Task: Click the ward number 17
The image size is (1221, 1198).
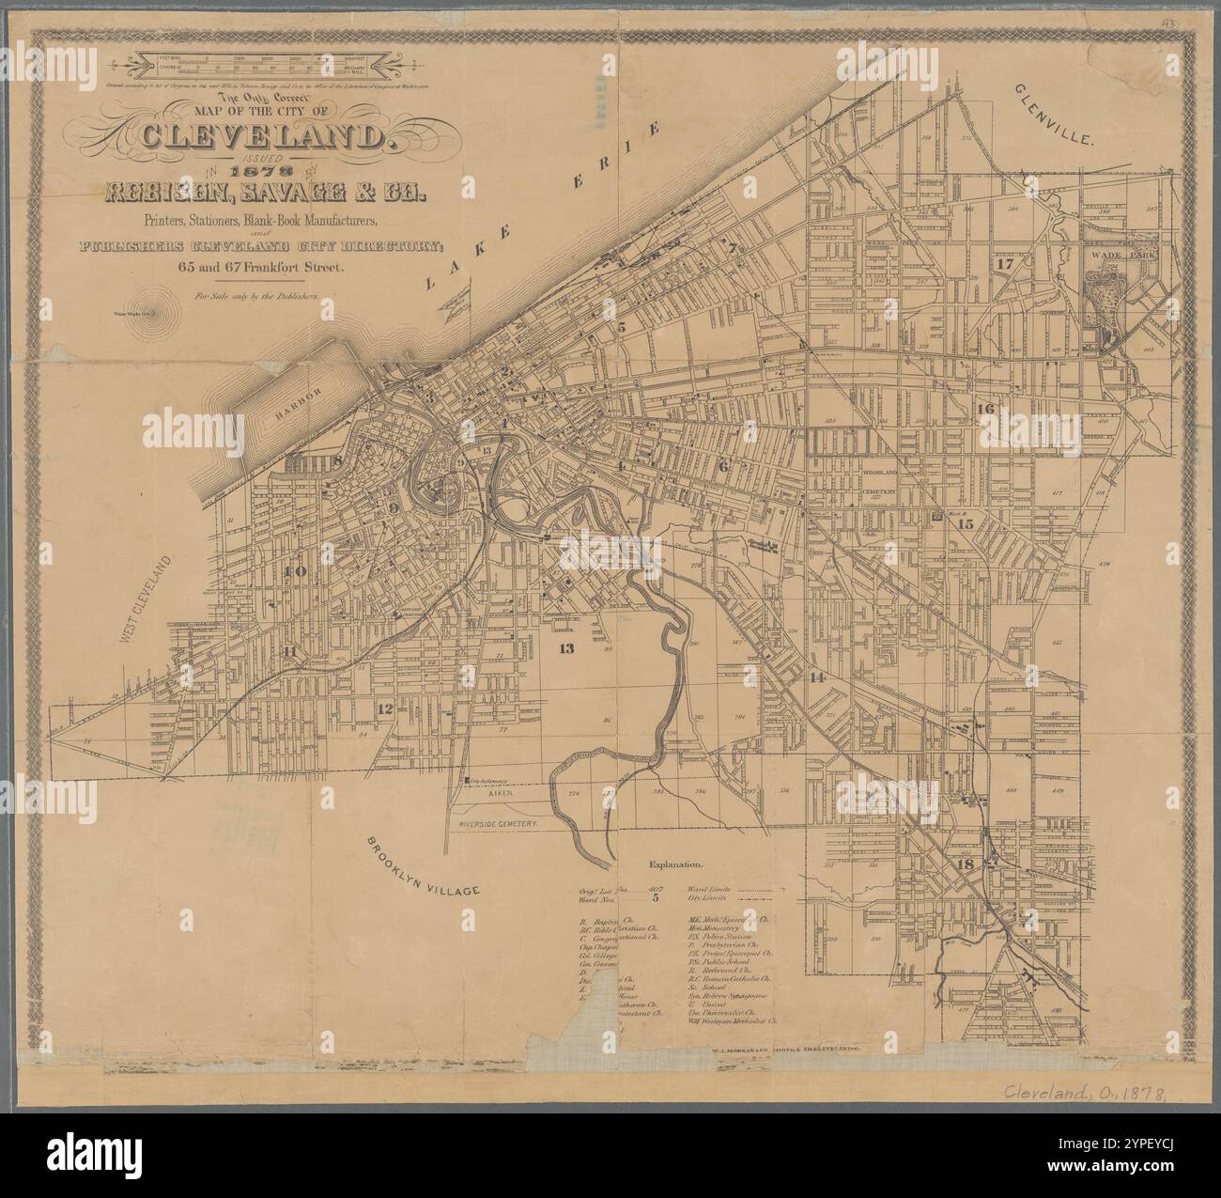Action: [1006, 264]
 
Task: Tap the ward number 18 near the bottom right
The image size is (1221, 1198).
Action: [964, 864]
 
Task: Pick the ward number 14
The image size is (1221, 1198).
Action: [817, 677]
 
